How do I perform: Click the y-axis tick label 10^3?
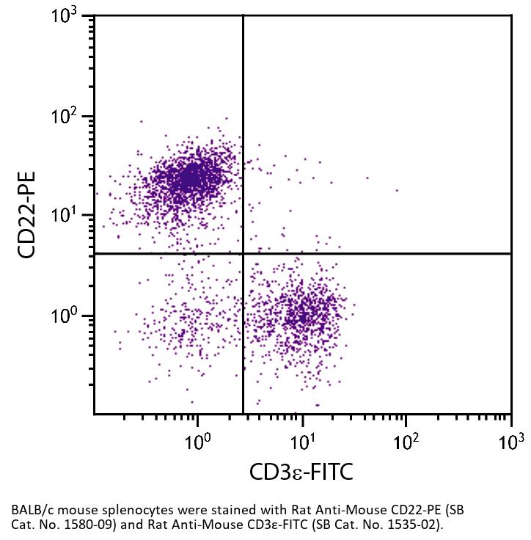tap(70, 16)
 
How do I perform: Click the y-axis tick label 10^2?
tap(70, 116)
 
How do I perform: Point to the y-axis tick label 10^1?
tap(70, 216)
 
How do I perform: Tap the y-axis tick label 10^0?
tap(70, 315)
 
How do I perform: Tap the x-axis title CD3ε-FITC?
tap(301, 471)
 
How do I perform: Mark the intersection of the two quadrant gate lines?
tap(243, 253)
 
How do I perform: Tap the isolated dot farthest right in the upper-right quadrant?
tap(397, 190)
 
